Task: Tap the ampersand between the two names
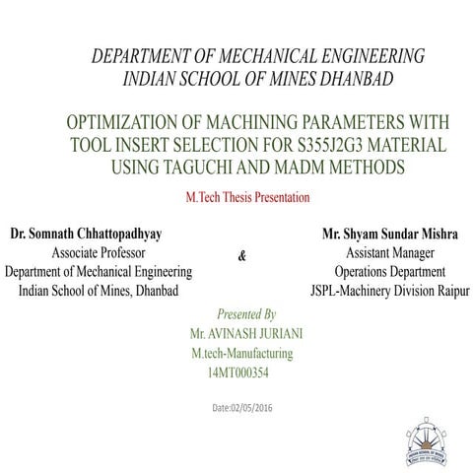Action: [x=243, y=256]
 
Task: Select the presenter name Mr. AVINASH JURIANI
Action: [x=249, y=334]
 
